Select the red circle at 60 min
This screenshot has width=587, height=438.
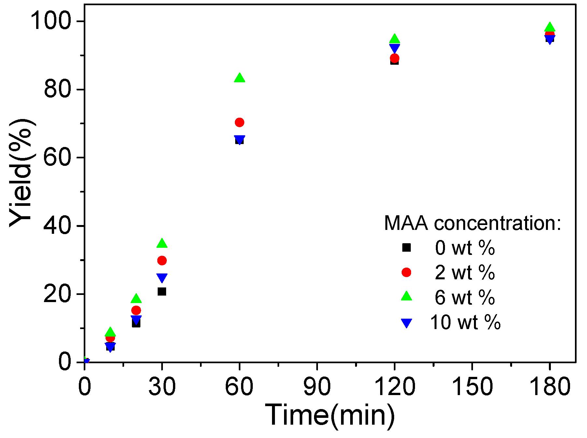point(239,122)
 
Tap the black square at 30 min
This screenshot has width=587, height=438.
point(162,291)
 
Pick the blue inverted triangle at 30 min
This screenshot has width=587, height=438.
point(162,277)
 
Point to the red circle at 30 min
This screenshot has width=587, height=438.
point(162,260)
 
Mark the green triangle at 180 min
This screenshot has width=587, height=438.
point(550,27)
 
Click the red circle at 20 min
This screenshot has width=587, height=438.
point(136,310)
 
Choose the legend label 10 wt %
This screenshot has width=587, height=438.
point(465,322)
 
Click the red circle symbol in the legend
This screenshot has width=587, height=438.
point(406,272)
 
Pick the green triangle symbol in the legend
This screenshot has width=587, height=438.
point(406,296)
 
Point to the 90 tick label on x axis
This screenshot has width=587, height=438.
point(317,387)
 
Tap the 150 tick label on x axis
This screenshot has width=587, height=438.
point(472,387)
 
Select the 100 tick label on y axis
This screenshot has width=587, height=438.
point(50,21)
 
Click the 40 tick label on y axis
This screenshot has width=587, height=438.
point(57,226)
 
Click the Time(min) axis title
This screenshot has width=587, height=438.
point(330,415)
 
